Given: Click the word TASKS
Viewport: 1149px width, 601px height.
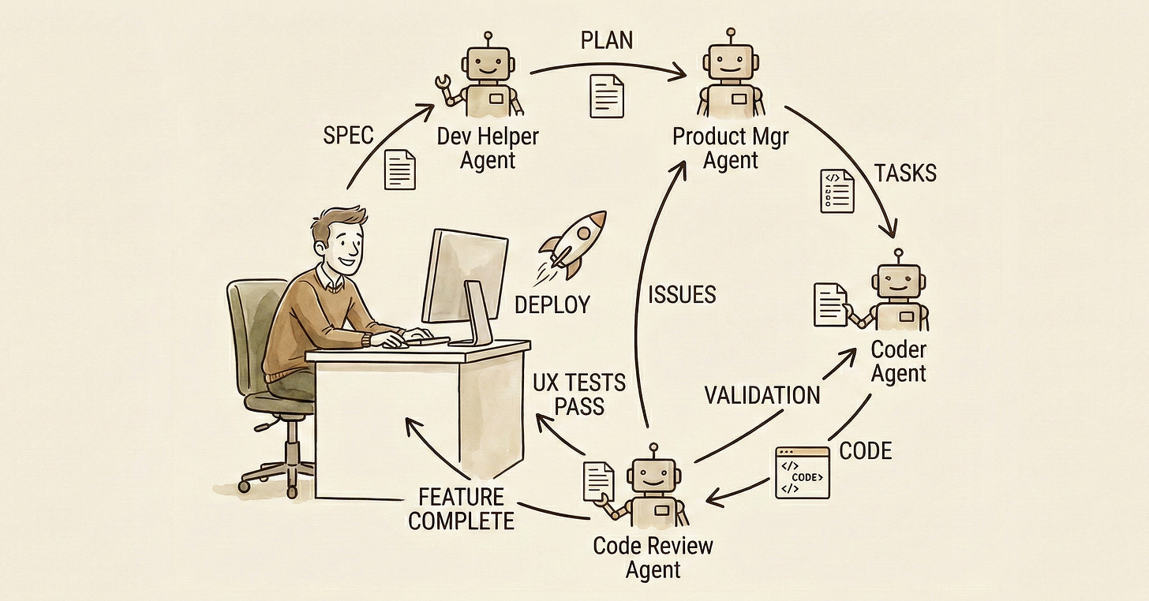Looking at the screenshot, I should point(905,173).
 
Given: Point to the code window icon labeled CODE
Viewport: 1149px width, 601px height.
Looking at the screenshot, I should point(803,473).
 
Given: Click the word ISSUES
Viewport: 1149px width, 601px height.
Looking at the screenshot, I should point(682,294).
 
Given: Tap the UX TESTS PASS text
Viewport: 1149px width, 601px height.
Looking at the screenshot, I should point(579,394).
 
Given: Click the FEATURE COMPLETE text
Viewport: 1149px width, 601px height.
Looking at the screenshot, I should point(461,509).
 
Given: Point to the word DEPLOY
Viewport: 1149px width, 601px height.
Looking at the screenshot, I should point(552,304).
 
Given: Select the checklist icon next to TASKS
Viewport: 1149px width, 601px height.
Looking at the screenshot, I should point(836,190).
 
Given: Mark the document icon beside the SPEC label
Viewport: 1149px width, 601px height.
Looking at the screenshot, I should point(399,170).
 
